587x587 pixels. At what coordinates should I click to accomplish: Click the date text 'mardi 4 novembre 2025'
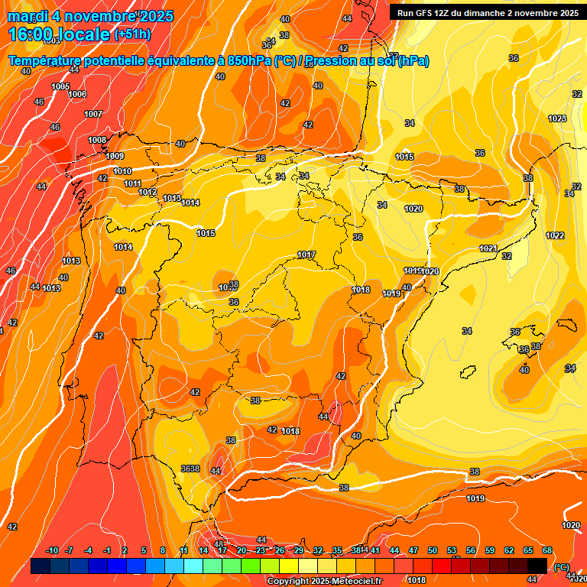pyautogui.click(x=91, y=16)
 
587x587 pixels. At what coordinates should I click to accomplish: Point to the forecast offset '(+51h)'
pyautogui.click(x=132, y=34)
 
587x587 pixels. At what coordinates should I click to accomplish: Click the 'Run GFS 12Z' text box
pyautogui.click(x=485, y=12)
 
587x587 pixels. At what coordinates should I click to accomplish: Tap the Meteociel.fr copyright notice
pyautogui.click(x=324, y=581)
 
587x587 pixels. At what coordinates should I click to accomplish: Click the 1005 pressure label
pyautogui.click(x=61, y=86)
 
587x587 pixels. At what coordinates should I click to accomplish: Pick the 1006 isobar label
pyautogui.click(x=77, y=94)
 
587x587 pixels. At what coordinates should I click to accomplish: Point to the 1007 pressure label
pyautogui.click(x=93, y=114)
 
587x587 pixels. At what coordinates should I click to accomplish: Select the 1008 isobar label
pyautogui.click(x=97, y=140)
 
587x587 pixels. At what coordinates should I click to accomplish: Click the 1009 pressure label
pyautogui.click(x=115, y=156)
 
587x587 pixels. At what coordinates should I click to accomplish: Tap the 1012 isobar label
pyautogui.click(x=148, y=192)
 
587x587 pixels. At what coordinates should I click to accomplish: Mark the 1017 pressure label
pyautogui.click(x=306, y=255)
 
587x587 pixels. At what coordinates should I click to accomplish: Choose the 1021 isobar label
pyautogui.click(x=488, y=248)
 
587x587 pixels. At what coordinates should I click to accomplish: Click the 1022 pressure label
pyautogui.click(x=555, y=235)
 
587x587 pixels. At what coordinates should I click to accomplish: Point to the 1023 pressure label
pyautogui.click(x=557, y=118)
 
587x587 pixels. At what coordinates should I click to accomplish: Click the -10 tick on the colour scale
pyautogui.click(x=53, y=551)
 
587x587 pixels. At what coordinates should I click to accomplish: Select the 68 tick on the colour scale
pyautogui.click(x=547, y=551)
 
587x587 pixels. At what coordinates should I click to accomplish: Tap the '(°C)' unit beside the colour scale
pyautogui.click(x=561, y=566)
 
